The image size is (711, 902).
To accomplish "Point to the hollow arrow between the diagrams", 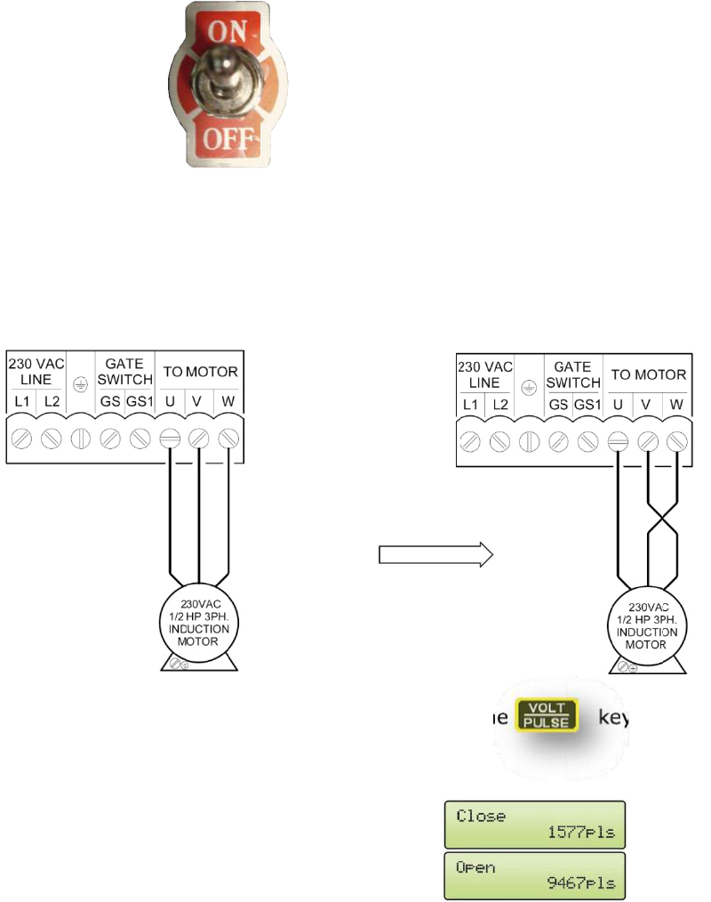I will point(435,555).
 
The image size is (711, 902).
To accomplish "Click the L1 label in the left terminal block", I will point(23,400).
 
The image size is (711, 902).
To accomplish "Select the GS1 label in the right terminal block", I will point(587,405).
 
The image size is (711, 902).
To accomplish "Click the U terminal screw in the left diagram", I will point(170,439).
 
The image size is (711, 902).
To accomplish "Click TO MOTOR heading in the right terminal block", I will point(648,374).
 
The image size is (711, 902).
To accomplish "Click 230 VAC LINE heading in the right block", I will point(485,374).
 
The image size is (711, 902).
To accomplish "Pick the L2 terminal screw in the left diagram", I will point(52,439).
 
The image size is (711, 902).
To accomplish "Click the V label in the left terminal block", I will point(199,400).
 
